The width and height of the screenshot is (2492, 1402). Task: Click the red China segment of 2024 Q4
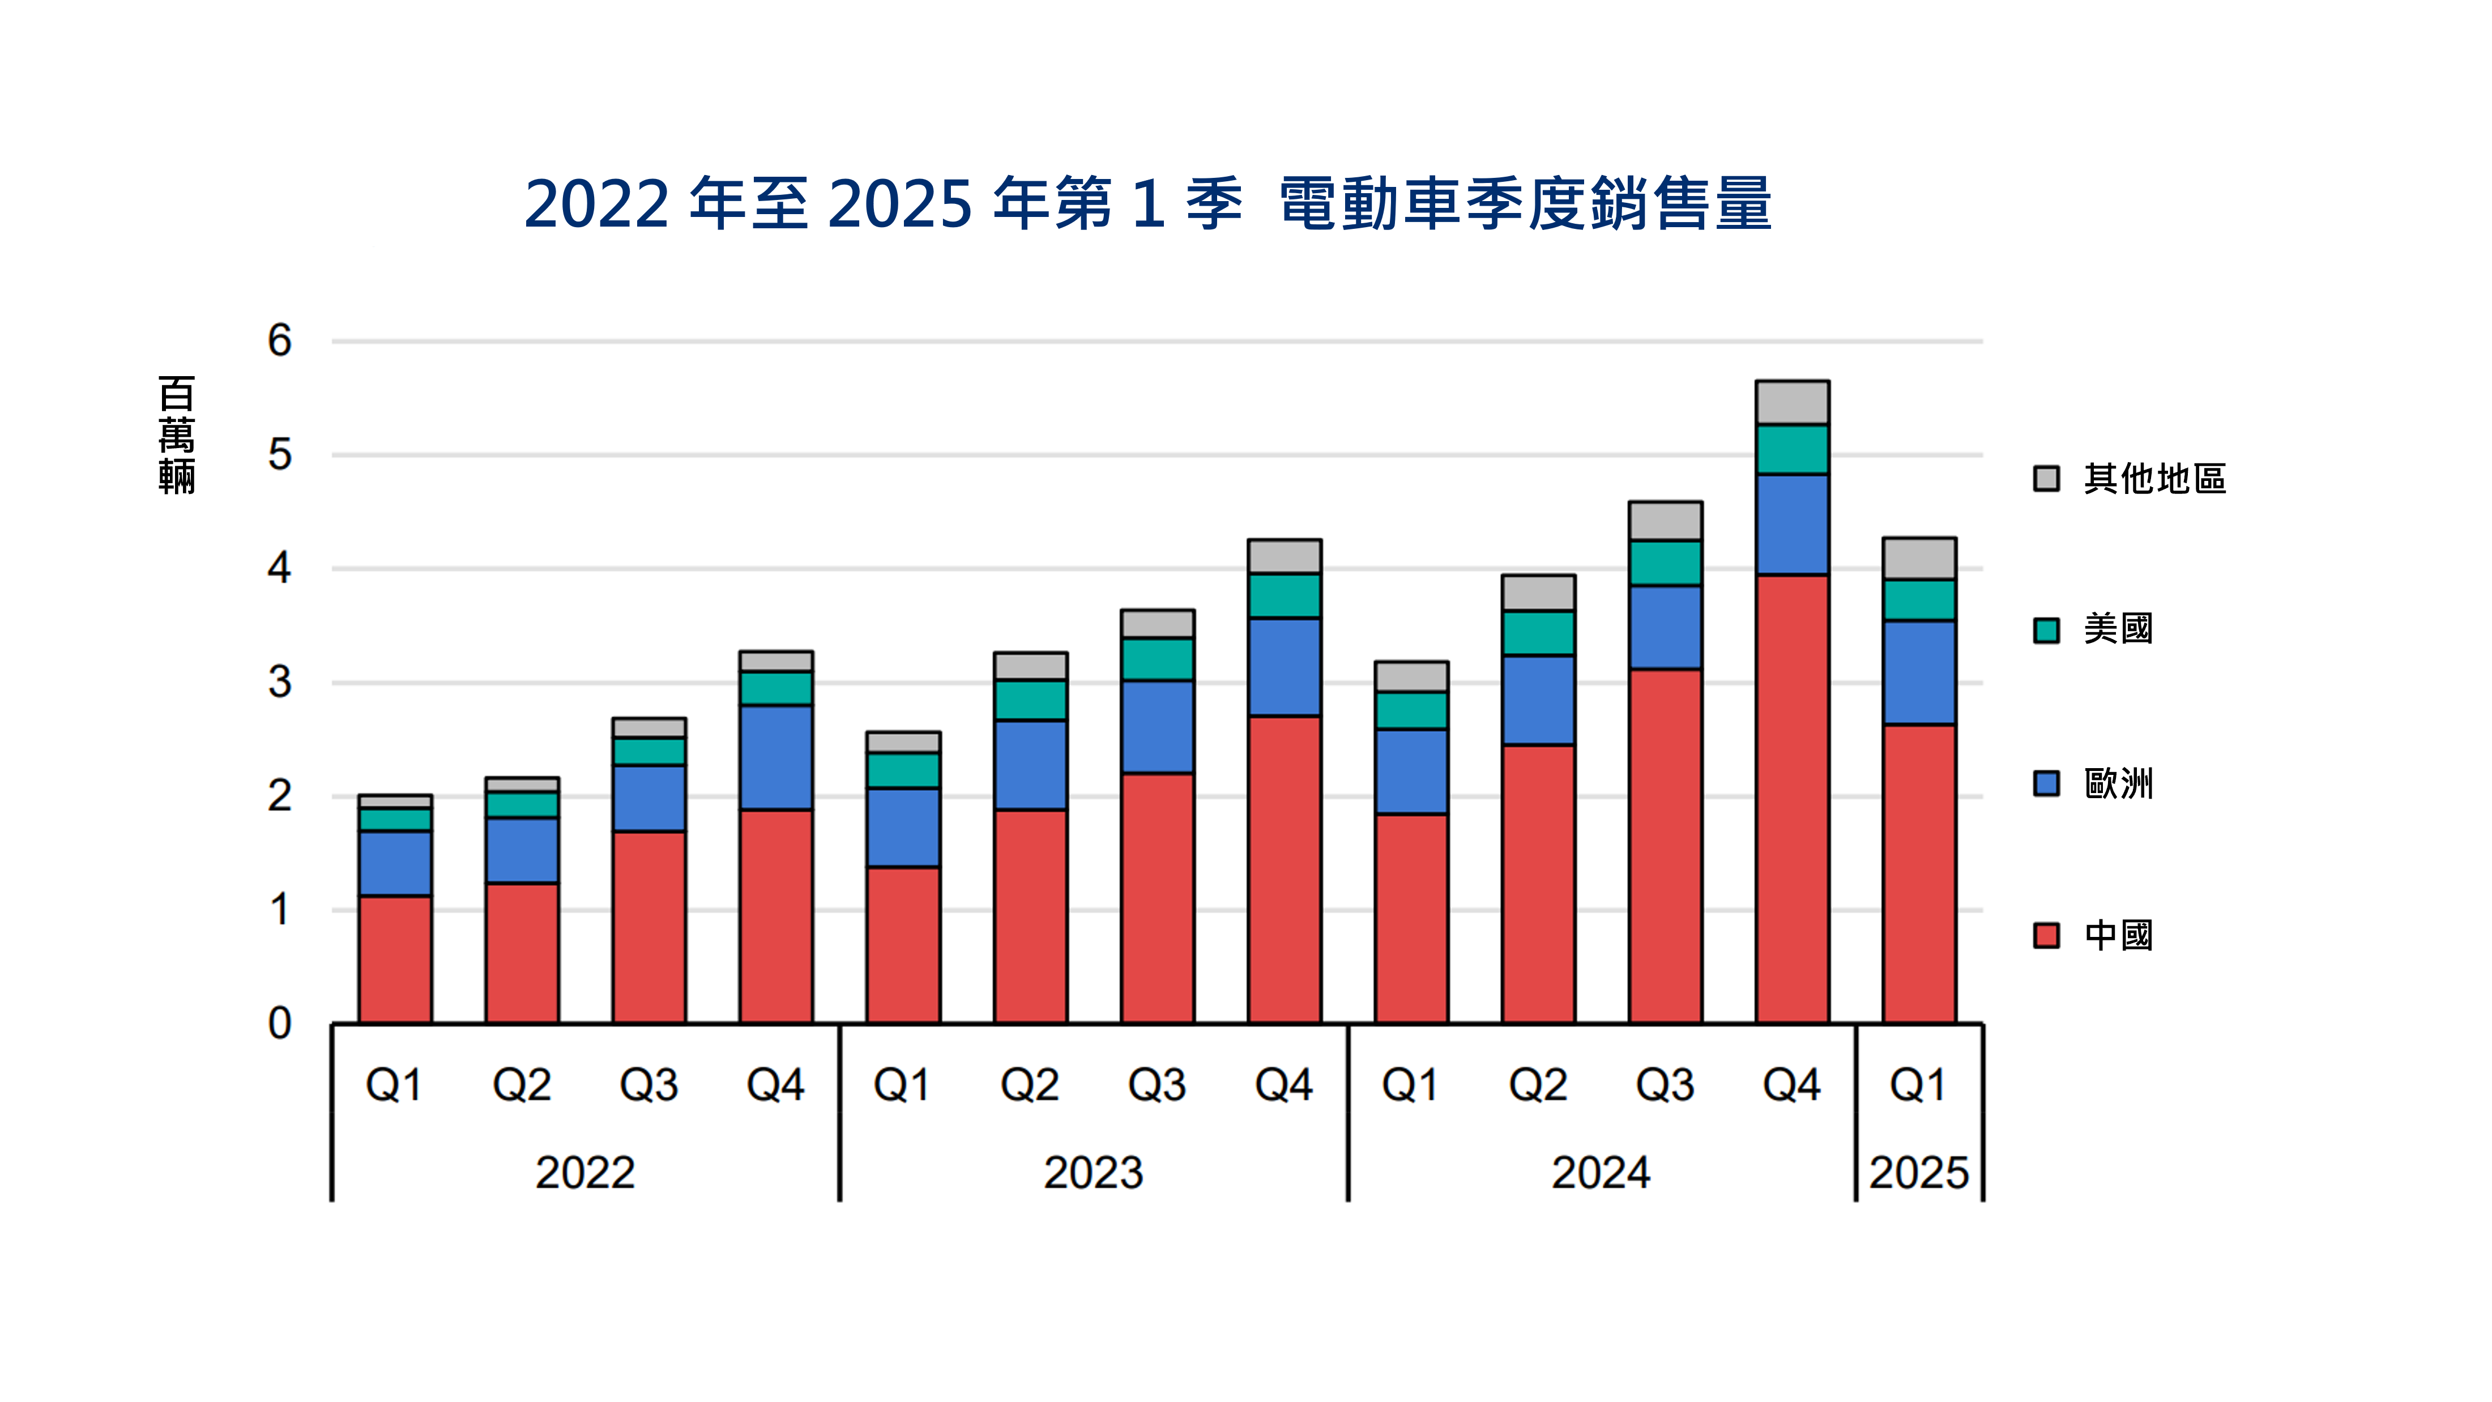[1791, 798]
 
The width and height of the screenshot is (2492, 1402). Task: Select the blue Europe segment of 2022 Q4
[776, 757]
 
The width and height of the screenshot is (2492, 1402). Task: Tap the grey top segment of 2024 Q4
[1791, 403]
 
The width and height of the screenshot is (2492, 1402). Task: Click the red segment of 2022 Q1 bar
[395, 959]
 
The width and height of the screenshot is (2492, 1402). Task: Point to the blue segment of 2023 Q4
[1284, 667]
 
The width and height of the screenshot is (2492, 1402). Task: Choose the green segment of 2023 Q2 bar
[1030, 700]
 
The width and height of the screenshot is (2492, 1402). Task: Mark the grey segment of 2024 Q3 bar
[1665, 521]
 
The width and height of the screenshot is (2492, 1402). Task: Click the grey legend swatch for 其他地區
[2046, 478]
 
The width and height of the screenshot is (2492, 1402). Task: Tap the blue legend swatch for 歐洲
[2046, 783]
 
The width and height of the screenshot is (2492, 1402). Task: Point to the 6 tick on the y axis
[280, 340]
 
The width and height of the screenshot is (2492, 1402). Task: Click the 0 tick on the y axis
[280, 1022]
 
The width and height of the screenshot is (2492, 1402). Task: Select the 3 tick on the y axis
[280, 682]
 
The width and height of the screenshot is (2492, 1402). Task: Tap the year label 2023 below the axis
[1093, 1173]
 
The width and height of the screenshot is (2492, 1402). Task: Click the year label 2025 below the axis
[1918, 1173]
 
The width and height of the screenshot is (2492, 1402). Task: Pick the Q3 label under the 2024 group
[1665, 1085]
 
